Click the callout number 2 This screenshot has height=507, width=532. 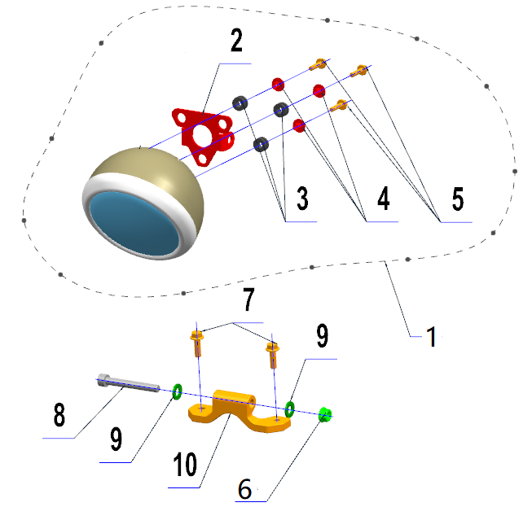[236, 41]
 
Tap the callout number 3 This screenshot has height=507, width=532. [302, 198]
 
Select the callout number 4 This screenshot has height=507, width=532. [384, 199]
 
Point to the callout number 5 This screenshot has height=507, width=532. [458, 199]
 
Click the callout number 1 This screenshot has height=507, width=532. [432, 337]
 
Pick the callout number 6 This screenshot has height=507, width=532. [244, 489]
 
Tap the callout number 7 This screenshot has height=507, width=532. [248, 299]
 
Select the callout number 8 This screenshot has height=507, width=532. [59, 414]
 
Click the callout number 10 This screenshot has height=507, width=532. [185, 465]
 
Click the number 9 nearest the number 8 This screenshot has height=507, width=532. [116, 439]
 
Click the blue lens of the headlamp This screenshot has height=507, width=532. [134, 224]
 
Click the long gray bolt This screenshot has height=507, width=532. [128, 383]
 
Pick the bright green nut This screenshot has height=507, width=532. [325, 414]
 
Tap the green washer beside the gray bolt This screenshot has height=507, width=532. [177, 391]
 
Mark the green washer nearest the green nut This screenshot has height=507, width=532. [289, 409]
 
